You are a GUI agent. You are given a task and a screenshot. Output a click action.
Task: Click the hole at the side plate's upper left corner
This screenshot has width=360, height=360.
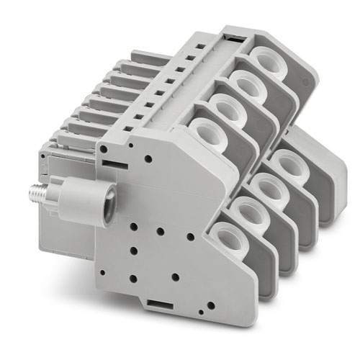pos(104,148)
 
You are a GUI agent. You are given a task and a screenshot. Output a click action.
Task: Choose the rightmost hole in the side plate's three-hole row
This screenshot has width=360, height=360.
pos(190,235)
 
